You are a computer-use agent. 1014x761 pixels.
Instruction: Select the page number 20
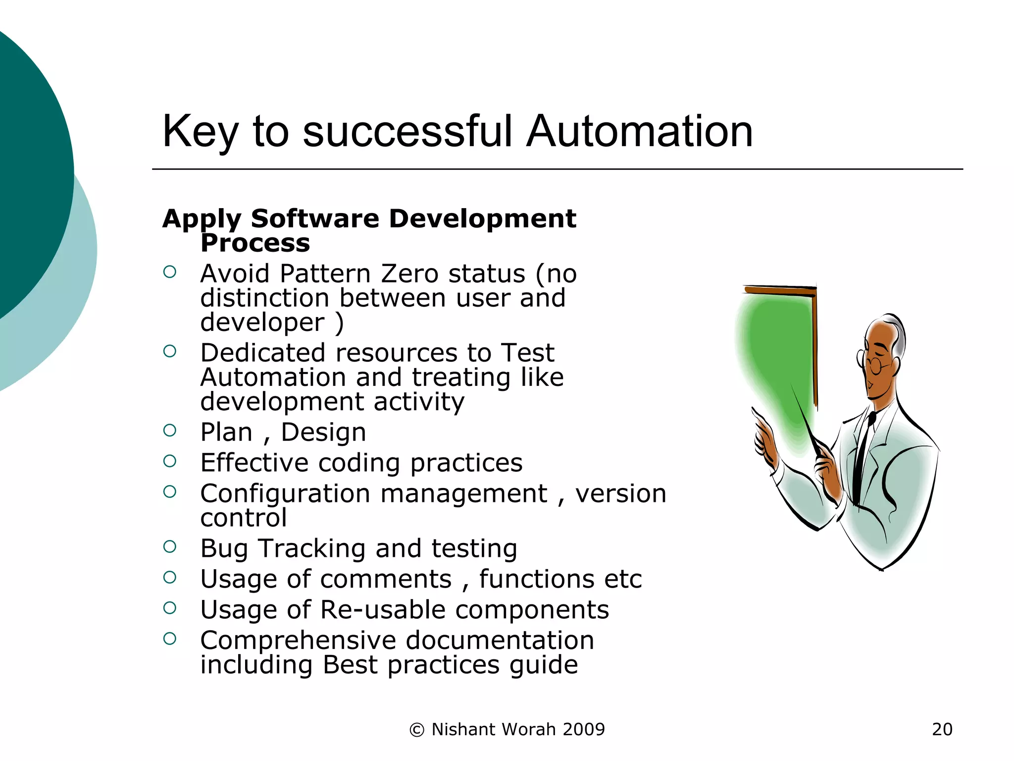942,729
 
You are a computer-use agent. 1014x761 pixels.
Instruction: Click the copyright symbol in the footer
417,730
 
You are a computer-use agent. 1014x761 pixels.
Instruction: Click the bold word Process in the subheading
255,243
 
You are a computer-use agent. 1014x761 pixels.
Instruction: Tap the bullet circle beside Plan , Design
170,431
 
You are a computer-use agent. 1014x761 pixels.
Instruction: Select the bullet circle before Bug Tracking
170,546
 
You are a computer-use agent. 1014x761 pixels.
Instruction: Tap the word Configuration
285,493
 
